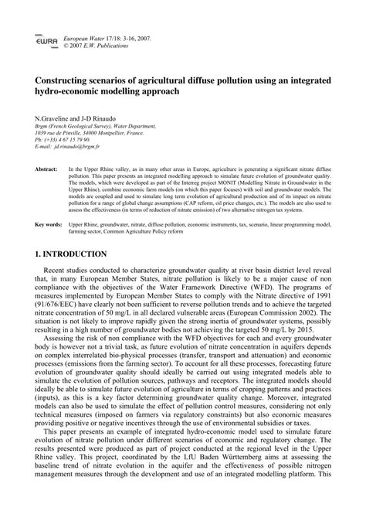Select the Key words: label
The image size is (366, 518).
point(49,224)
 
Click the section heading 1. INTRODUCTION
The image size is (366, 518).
point(71,254)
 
